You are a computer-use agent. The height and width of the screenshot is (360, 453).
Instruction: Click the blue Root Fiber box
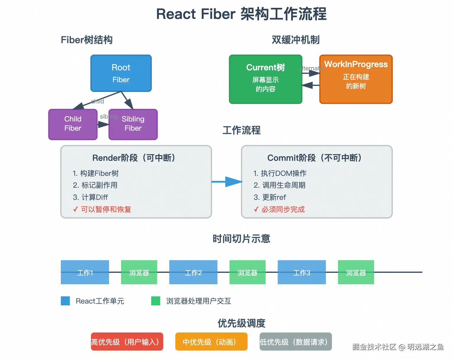121,73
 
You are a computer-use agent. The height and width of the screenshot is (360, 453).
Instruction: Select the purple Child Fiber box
73,124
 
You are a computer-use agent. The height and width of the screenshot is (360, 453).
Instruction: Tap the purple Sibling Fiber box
133,124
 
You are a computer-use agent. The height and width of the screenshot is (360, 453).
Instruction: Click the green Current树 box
265,79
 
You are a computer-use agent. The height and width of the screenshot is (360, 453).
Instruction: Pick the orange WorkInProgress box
356,79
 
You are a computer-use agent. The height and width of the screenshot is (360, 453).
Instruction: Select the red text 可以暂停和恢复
106,209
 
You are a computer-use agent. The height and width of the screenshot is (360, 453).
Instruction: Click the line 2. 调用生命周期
279,185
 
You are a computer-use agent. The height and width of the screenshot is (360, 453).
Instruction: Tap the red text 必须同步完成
283,209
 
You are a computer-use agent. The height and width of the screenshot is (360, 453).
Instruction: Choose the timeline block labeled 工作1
85,272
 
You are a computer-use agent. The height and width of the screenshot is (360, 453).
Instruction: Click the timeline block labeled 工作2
193,272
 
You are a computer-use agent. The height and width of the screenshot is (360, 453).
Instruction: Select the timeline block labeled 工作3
302,272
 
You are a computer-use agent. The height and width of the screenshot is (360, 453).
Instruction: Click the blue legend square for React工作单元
65,301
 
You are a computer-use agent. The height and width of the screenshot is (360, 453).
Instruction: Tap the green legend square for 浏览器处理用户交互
156,301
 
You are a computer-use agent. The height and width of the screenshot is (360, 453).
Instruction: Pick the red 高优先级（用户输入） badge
127,342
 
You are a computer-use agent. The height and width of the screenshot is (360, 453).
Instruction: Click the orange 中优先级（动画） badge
211,342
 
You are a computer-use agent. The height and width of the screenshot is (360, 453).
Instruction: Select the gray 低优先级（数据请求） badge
296,342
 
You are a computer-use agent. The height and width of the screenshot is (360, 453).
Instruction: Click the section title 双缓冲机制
296,40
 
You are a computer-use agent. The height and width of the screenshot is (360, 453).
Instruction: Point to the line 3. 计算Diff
90,197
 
